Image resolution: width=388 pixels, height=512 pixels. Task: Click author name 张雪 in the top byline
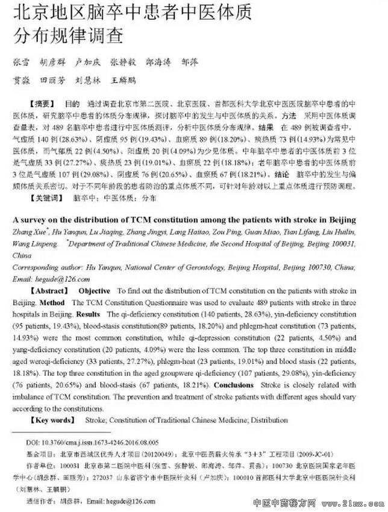pyautogui.click(x=22, y=63)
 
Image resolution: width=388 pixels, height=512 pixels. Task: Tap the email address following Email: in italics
pyautogui.click(x=71, y=279)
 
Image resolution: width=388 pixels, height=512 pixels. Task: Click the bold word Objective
pyautogui.click(x=95, y=290)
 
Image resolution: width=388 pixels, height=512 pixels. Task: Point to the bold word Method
pyautogui.click(x=52, y=302)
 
